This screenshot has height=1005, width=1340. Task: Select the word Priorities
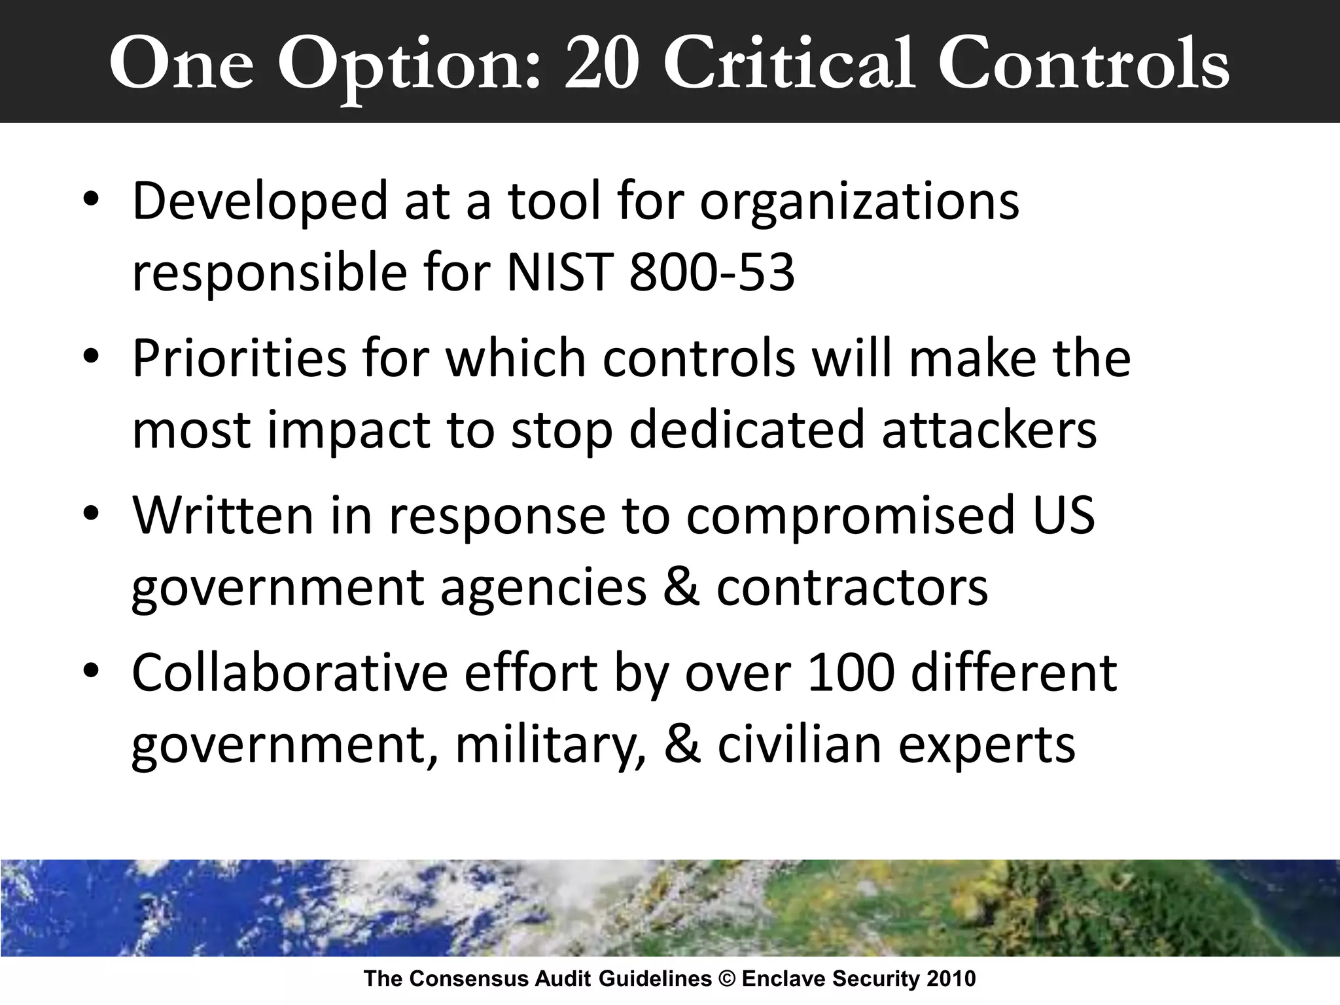239,360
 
